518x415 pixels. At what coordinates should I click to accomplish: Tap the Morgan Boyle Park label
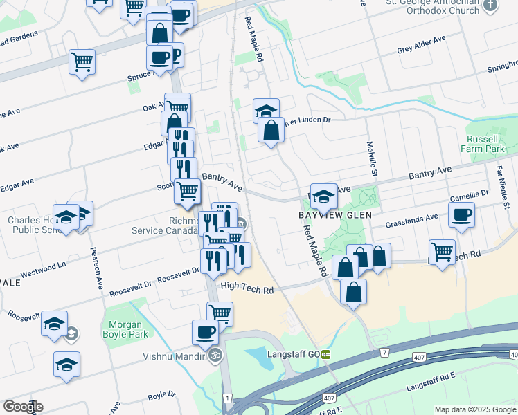tap(125, 329)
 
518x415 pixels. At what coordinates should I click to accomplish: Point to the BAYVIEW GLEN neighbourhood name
tap(336, 215)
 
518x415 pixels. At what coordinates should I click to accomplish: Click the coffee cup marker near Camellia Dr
tap(462, 214)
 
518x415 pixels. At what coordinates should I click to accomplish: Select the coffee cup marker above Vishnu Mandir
tap(206, 332)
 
